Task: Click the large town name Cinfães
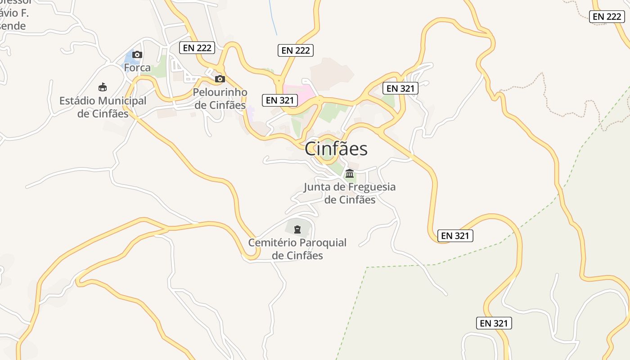pyautogui.click(x=336, y=149)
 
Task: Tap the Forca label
pyautogui.click(x=137, y=68)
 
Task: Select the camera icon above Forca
pyautogui.click(x=138, y=55)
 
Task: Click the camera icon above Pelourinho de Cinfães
pyautogui.click(x=220, y=79)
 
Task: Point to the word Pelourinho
pyautogui.click(x=220, y=92)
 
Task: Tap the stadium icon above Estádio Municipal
pyautogui.click(x=103, y=87)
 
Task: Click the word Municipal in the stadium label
pyautogui.click(x=123, y=101)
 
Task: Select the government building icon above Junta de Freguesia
pyautogui.click(x=349, y=174)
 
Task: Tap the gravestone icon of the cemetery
pyautogui.click(x=297, y=229)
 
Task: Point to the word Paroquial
pyautogui.click(x=323, y=243)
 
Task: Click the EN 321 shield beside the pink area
pyautogui.click(x=279, y=100)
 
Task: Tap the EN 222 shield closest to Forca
pyautogui.click(x=197, y=48)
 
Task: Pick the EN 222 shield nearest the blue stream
pyautogui.click(x=295, y=50)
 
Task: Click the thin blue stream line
pyautogui.click(x=273, y=18)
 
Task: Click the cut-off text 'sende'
pyautogui.click(x=13, y=26)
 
